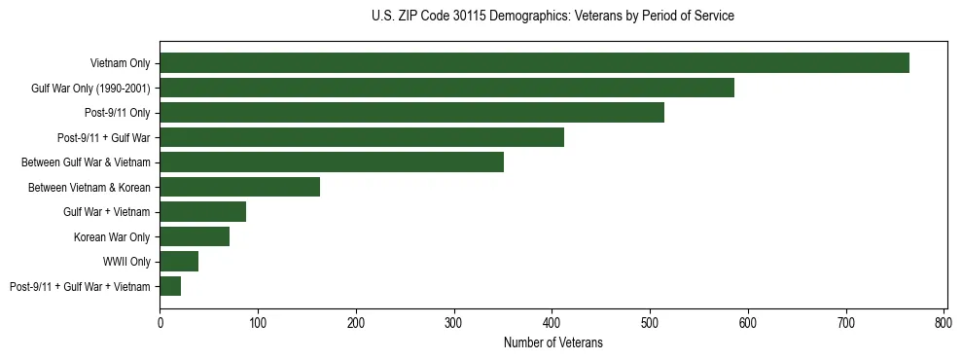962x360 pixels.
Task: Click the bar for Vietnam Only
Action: (534, 63)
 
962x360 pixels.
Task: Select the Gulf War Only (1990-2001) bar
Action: (446, 88)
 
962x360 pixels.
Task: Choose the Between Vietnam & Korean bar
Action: (239, 187)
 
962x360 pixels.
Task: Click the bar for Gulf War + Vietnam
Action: (202, 212)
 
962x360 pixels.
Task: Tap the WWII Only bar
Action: (179, 262)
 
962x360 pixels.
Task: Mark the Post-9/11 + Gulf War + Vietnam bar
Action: (170, 286)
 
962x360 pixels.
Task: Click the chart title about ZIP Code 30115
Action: (552, 17)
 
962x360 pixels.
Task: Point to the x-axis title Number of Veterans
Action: (552, 342)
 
